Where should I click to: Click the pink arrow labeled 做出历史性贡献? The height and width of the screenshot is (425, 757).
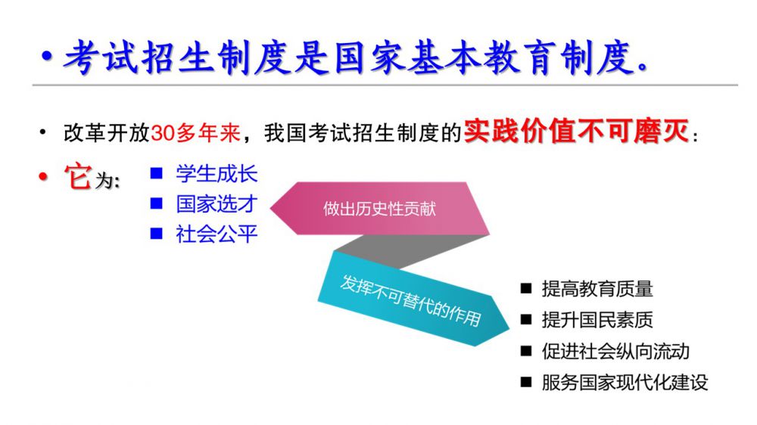379,209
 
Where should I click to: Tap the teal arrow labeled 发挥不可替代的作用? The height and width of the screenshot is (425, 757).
413,299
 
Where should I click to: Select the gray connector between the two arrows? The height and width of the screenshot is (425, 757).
410,251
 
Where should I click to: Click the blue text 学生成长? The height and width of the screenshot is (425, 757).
217,174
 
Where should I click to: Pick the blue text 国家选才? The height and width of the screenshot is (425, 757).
217,204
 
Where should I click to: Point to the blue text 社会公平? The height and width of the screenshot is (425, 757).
217,234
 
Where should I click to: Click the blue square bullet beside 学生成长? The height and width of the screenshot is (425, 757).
157,173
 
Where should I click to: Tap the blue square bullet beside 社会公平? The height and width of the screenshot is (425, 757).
157,234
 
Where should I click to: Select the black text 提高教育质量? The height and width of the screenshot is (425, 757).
597,289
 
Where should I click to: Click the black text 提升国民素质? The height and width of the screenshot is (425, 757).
597,320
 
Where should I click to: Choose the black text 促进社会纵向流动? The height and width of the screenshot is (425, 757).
615,351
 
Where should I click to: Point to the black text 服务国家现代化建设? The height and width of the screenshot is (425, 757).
625,383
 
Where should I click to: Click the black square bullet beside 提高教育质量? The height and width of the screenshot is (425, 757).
526,289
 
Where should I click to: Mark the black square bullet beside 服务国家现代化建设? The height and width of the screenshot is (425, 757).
526,383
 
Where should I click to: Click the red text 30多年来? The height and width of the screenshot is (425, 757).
195,132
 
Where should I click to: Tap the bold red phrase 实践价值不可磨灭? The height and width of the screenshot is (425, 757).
576,131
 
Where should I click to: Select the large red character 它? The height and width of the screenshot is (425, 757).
77,176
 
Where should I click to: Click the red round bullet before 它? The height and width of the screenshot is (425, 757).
43,177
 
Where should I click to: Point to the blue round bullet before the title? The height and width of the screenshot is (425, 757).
47,57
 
